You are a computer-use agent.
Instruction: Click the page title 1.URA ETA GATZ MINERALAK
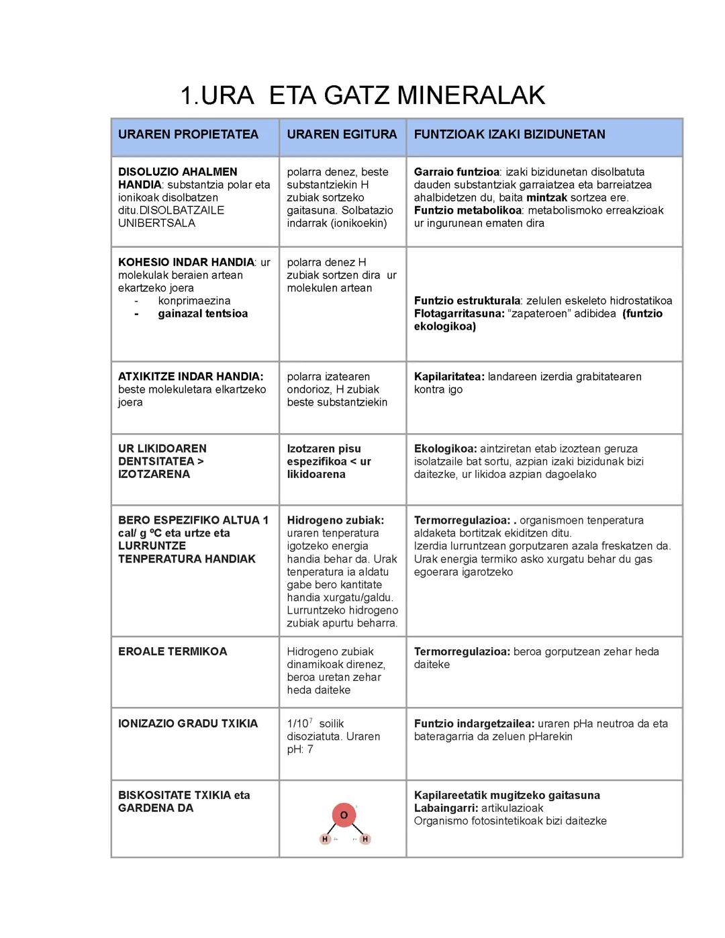click(x=362, y=95)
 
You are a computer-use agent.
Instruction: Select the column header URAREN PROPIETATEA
click(x=188, y=134)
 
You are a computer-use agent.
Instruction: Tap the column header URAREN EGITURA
click(x=342, y=134)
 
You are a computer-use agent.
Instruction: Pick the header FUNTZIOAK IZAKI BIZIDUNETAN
click(x=510, y=134)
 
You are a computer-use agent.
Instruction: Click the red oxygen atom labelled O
click(x=344, y=815)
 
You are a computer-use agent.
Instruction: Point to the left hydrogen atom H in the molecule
click(x=325, y=839)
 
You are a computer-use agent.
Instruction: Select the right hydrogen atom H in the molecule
click(x=365, y=839)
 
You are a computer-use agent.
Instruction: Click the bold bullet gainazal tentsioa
click(x=203, y=314)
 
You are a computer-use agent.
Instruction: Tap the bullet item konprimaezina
click(x=194, y=301)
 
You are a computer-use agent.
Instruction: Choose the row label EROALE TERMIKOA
click(x=173, y=651)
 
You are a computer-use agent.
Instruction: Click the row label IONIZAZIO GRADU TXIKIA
click(x=188, y=723)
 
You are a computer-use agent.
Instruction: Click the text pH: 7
click(x=300, y=749)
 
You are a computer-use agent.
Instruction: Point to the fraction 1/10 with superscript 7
click(x=299, y=723)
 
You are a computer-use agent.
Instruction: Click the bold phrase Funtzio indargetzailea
click(x=474, y=724)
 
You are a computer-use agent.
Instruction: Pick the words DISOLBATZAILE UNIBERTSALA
click(x=171, y=217)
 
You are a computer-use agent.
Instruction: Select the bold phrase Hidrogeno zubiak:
click(x=335, y=520)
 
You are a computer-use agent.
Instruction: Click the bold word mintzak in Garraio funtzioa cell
click(x=546, y=197)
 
